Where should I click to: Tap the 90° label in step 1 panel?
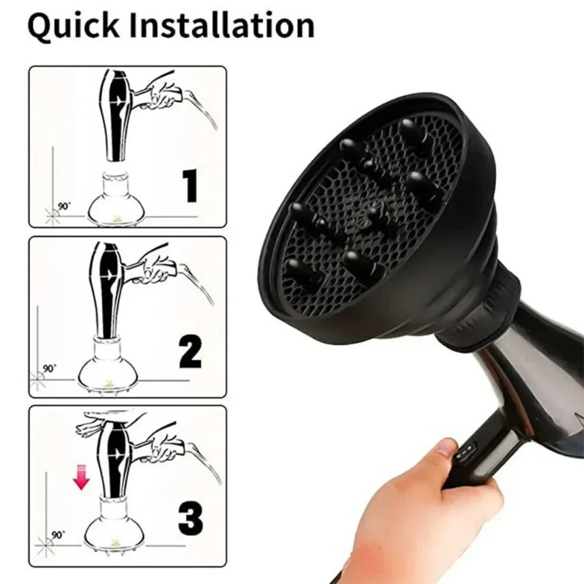(65, 206)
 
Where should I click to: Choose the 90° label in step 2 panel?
(50, 369)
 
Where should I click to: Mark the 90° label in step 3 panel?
(58, 534)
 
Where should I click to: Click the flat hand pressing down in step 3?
(108, 422)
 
